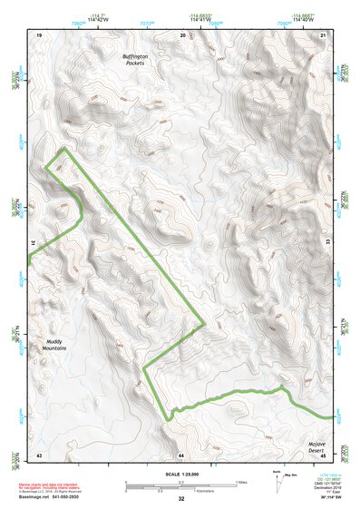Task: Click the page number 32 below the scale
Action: (181, 499)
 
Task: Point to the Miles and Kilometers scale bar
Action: (180, 485)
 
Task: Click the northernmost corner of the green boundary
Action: (64, 148)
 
